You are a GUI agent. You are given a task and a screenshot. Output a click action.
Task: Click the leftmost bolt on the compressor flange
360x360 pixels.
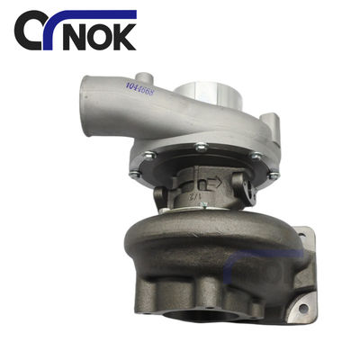click(x=136, y=174)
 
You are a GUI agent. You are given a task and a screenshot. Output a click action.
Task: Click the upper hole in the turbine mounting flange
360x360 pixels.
click(x=297, y=237)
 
